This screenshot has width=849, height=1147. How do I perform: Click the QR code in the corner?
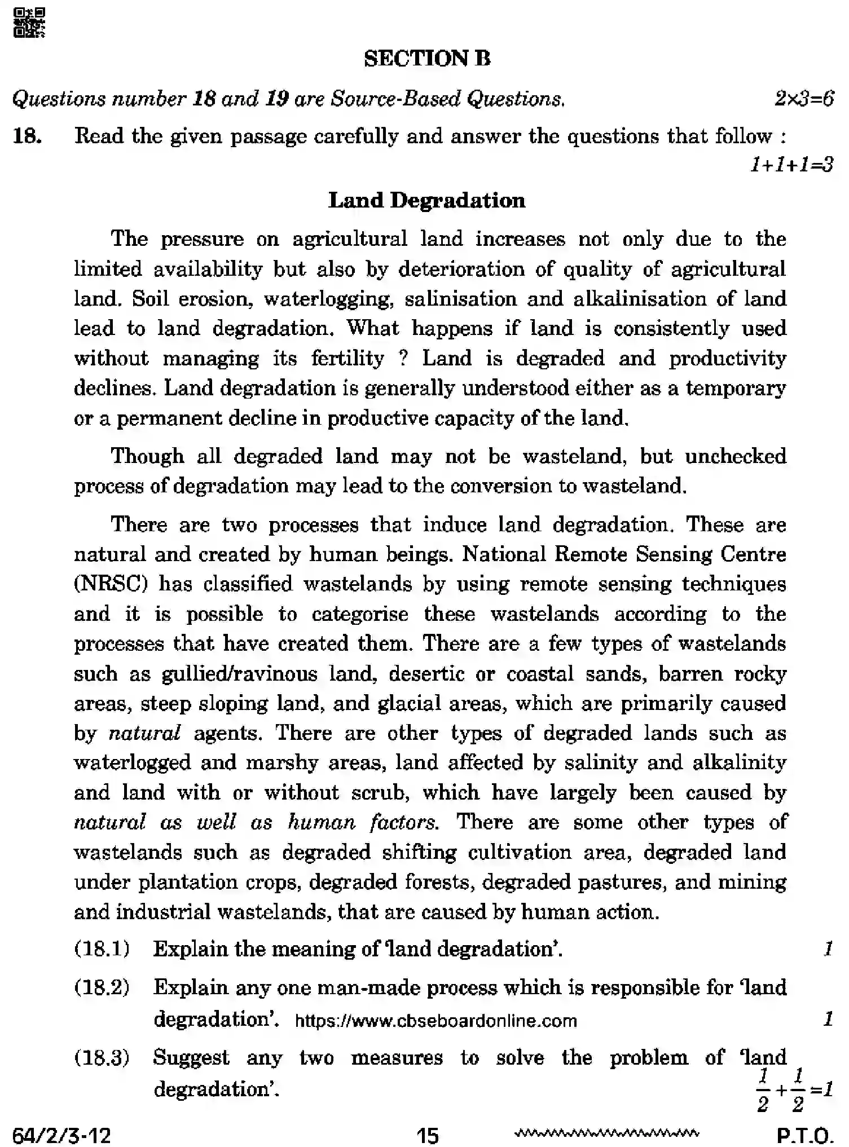pyautogui.click(x=28, y=23)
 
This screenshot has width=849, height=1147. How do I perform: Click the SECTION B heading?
pyautogui.click(x=427, y=59)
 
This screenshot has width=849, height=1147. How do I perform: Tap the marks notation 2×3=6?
pyautogui.click(x=803, y=99)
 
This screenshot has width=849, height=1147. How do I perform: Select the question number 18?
pyautogui.click(x=27, y=136)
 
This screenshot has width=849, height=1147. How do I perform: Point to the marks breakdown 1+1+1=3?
pyautogui.click(x=791, y=165)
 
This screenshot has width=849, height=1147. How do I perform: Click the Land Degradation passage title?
pyautogui.click(x=426, y=201)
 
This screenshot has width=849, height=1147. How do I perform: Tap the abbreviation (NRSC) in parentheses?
pyautogui.click(x=111, y=584)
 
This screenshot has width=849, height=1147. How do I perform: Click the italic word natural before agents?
pyautogui.click(x=144, y=733)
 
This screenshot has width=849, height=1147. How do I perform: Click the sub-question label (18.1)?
pyautogui.click(x=102, y=949)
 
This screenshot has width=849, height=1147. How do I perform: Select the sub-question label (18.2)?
pyautogui.click(x=102, y=987)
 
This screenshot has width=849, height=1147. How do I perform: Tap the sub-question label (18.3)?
pyautogui.click(x=102, y=1057)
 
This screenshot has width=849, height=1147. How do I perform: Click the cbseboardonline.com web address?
pyautogui.click(x=436, y=1021)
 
